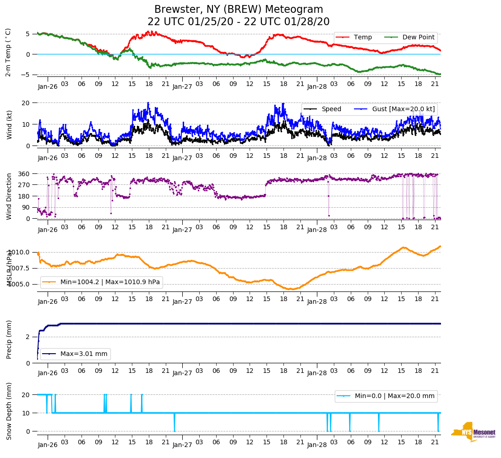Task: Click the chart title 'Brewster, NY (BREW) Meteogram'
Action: (x=239, y=10)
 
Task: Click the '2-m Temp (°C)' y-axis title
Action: (x=8, y=52)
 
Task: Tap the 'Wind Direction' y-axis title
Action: (x=8, y=196)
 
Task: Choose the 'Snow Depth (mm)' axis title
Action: (x=8, y=411)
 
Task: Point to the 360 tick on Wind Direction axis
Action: (x=24, y=174)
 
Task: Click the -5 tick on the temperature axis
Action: (x=27, y=75)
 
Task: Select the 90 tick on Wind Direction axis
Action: (x=26, y=207)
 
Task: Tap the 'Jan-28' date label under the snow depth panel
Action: (x=316, y=445)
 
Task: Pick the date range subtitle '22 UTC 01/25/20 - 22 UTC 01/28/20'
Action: (x=239, y=22)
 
